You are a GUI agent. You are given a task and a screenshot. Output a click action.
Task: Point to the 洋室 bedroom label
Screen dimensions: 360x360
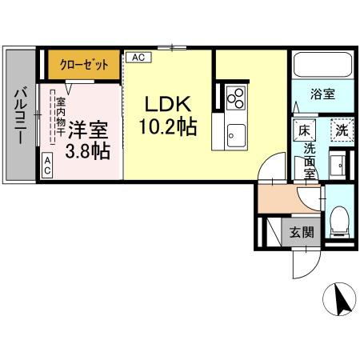(x=87, y=129)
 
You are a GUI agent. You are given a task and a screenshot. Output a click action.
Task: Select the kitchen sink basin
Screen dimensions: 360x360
(x=235, y=133)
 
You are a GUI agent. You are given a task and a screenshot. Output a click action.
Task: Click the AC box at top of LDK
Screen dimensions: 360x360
(x=137, y=58)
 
